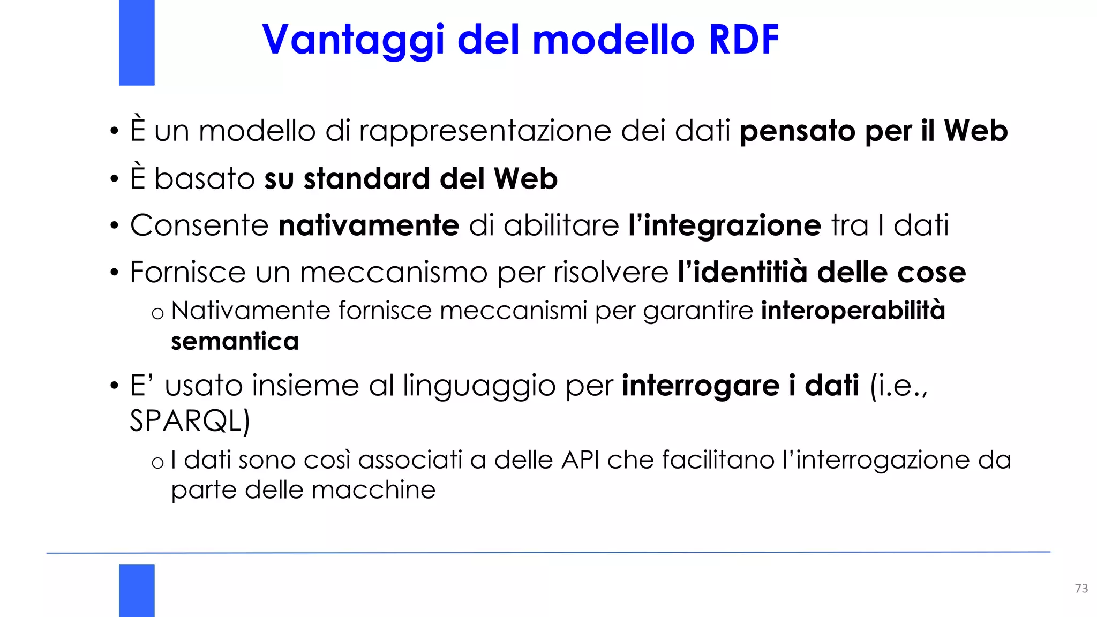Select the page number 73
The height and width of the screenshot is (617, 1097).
[1081, 588]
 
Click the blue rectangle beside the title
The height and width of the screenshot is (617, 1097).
[137, 42]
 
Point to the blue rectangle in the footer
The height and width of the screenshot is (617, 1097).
[137, 590]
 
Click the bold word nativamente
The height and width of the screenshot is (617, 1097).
[369, 225]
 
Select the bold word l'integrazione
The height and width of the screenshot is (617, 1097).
[724, 225]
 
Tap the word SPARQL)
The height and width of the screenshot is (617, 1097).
[190, 420]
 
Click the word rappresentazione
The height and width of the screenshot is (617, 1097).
[485, 131]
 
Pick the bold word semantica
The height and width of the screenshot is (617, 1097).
[235, 341]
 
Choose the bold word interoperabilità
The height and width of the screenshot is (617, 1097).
[853, 311]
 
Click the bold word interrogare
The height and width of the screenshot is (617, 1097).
[700, 386]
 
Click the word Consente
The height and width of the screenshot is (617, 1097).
[199, 225]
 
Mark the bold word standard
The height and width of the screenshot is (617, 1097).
[367, 178]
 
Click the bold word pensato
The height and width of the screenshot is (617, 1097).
[797, 131]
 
